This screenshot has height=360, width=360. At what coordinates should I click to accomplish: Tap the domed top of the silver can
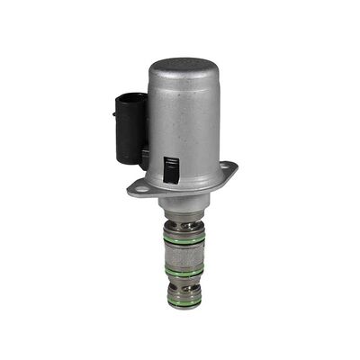tap(183, 67)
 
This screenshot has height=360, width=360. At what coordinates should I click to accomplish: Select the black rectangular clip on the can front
tap(169, 169)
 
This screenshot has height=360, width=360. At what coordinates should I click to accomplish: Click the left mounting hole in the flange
tap(137, 187)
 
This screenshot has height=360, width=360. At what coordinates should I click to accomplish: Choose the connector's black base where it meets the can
tap(142, 157)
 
